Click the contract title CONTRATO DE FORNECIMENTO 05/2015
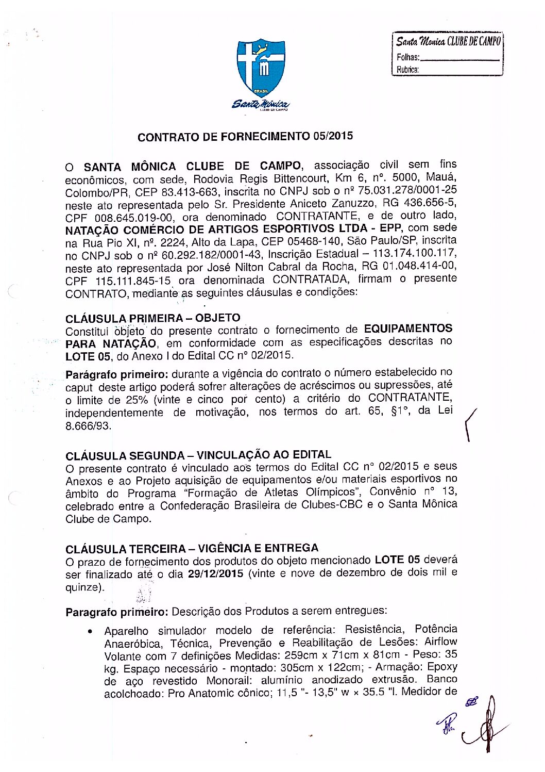coord(245,137)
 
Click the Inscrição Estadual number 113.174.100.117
coord(411,253)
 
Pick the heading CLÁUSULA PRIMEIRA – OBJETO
coord(153,318)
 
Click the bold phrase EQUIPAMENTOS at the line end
coord(408,328)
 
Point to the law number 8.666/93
coord(88,426)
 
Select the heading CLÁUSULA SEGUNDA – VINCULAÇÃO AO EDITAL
coord(198,455)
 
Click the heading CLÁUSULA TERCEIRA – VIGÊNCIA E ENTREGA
coord(192,548)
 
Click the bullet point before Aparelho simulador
coord(91,631)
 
